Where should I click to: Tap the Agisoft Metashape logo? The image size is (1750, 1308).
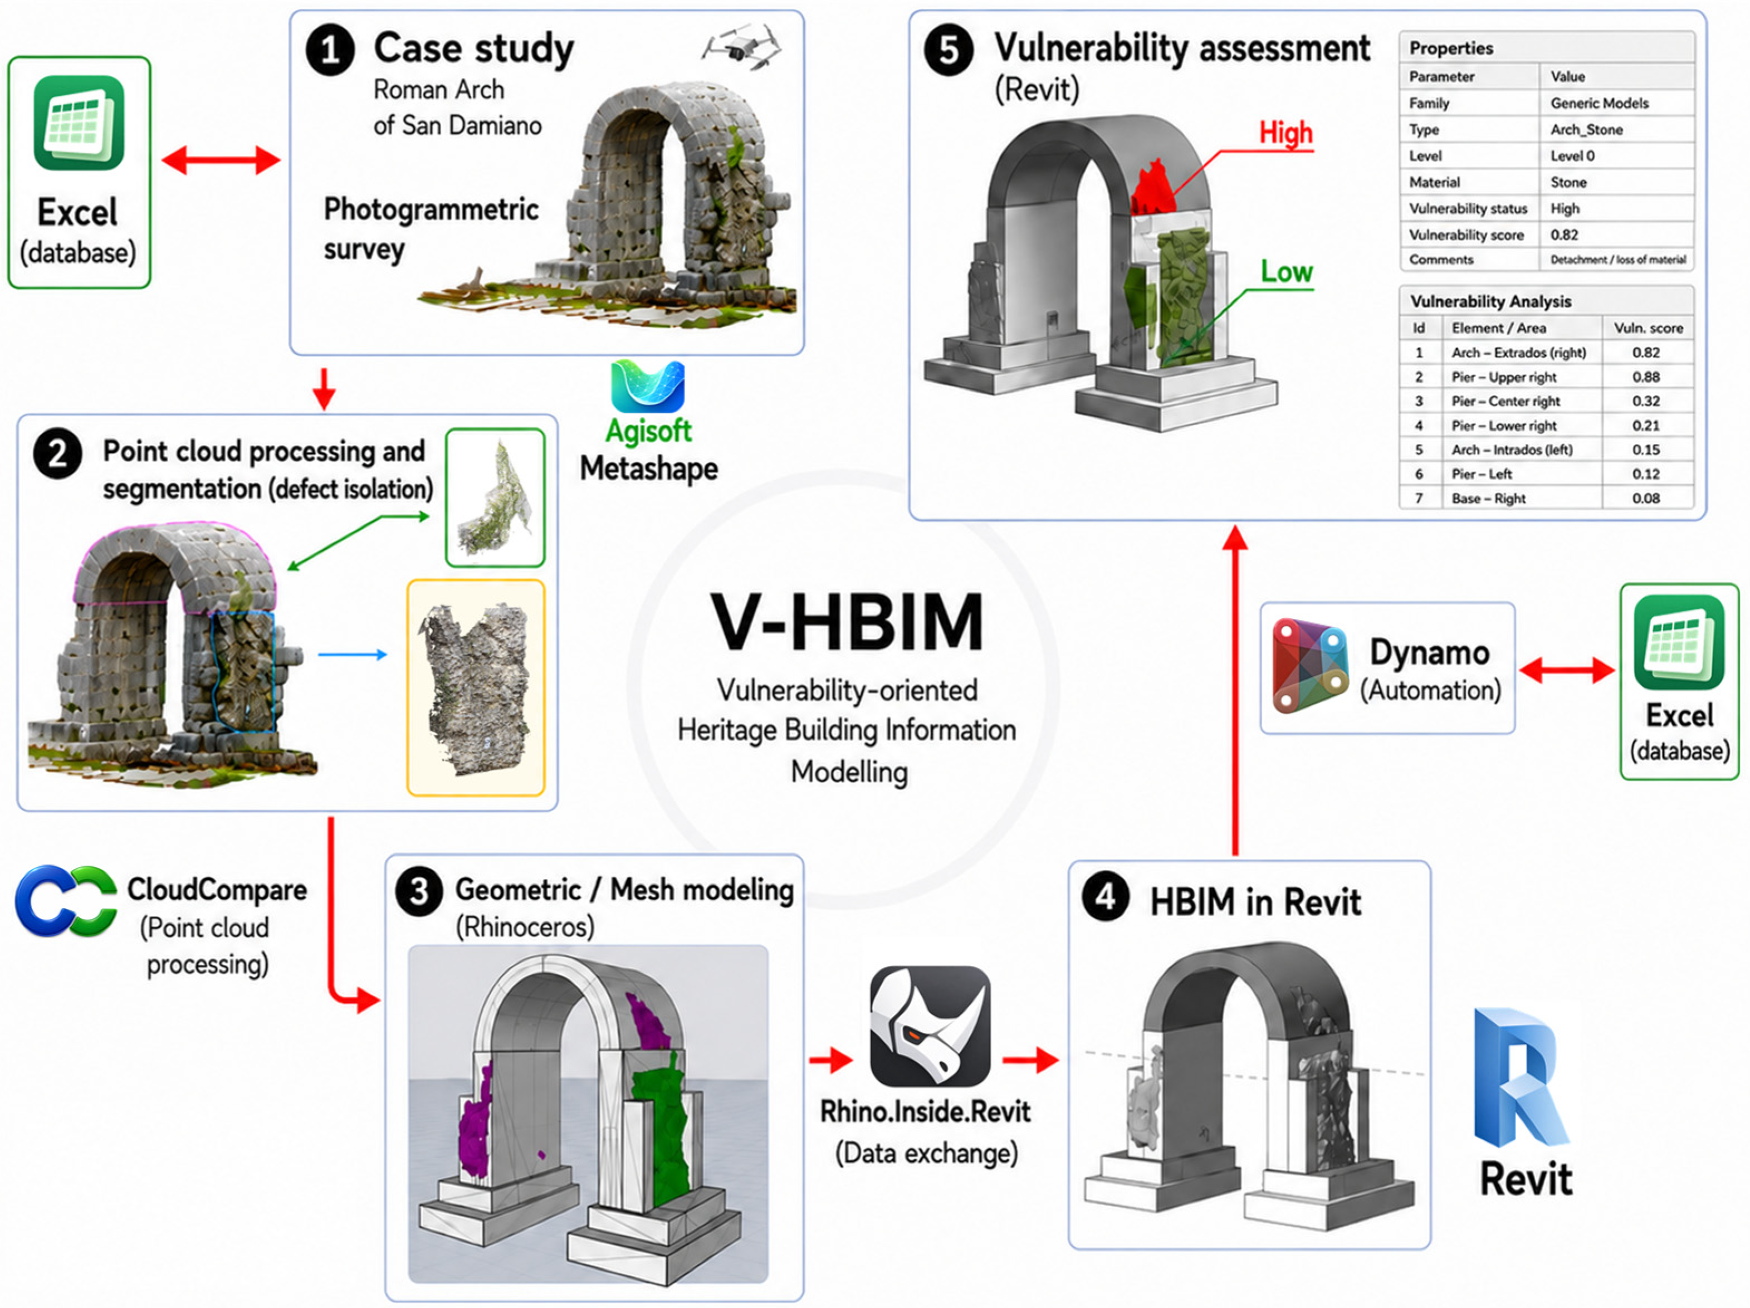[x=648, y=386]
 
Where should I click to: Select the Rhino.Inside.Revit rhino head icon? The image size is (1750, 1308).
[x=930, y=1026]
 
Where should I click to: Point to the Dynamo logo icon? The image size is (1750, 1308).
[x=1309, y=666]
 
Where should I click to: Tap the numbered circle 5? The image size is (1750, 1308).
[x=949, y=51]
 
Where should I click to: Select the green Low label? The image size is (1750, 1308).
[x=1287, y=272]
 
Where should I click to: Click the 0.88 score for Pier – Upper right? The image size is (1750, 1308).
[x=1646, y=377]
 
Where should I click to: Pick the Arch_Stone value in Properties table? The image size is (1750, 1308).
[x=1586, y=129]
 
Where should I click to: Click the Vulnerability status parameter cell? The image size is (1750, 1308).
[x=1468, y=208]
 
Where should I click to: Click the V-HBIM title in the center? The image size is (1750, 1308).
[x=847, y=621]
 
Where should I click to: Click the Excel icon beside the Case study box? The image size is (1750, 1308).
[x=79, y=123]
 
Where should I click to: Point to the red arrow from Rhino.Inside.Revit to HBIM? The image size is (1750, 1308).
[x=1030, y=1060]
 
